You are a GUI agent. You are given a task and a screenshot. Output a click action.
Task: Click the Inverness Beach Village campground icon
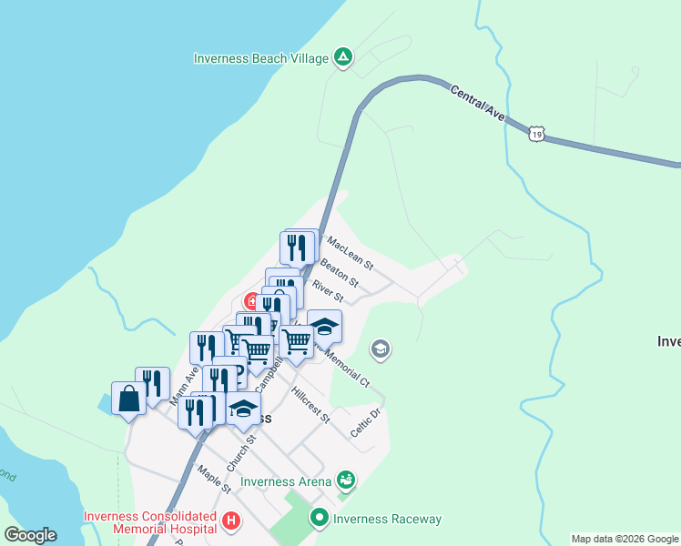click(x=342, y=58)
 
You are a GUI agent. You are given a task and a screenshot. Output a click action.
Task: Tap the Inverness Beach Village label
click(x=260, y=58)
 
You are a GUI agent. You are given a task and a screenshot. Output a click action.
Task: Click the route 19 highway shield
click(x=537, y=134)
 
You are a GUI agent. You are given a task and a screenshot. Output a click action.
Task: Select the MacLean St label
click(x=351, y=254)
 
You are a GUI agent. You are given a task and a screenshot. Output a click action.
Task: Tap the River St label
click(x=327, y=291)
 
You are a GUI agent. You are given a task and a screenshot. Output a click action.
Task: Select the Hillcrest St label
click(x=310, y=406)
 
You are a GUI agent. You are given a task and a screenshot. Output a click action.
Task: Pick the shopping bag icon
click(x=129, y=398)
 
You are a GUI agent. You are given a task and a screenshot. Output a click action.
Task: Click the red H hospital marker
click(x=231, y=521)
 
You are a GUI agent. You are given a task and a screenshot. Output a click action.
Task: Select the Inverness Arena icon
click(x=345, y=479)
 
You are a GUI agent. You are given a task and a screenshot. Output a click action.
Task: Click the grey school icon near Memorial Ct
click(x=381, y=349)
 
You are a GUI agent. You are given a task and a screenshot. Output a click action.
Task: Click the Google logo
click(x=30, y=535)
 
